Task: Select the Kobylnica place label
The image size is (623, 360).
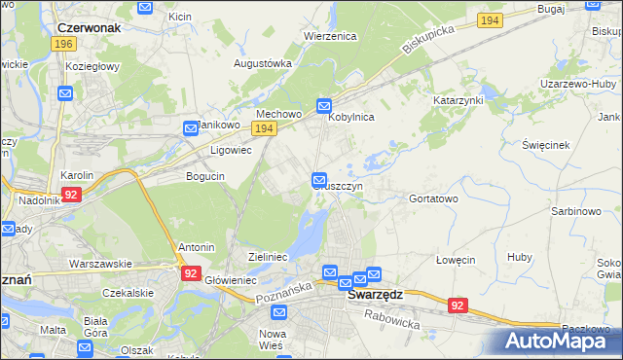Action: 351,116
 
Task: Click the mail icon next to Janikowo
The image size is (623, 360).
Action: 192,127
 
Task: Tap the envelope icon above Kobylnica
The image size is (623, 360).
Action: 324,105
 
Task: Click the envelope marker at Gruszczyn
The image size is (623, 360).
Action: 319,180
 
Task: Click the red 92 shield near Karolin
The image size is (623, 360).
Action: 70,195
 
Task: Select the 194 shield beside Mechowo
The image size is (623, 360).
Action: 263,128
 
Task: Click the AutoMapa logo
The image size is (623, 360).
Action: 559,342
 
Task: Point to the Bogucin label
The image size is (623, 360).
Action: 205,176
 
